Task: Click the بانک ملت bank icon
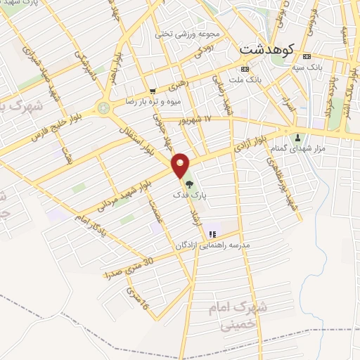(244, 69)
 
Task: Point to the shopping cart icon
(153, 91)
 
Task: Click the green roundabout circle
(105, 108)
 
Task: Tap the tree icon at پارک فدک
(188, 184)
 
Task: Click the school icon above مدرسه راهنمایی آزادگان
(212, 233)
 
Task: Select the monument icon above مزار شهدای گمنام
(300, 137)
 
